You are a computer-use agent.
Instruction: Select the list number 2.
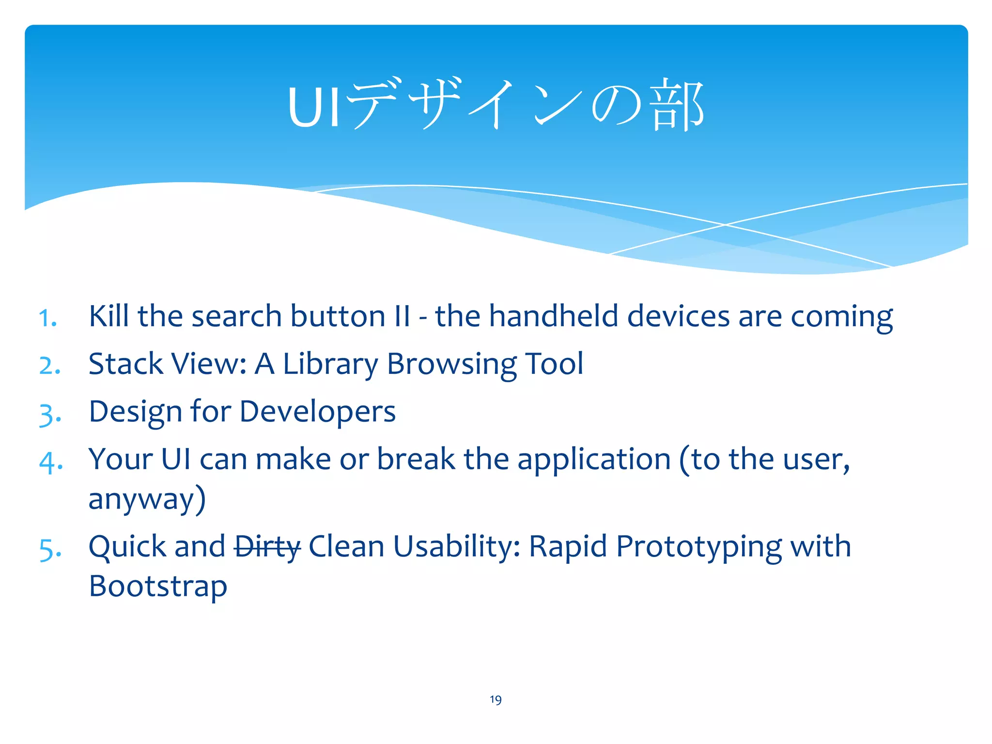[50, 366]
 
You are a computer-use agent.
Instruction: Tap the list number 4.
[50, 462]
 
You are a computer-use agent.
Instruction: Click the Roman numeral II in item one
[402, 316]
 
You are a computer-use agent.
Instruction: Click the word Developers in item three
[317, 412]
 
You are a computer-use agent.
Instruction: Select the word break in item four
[416, 459]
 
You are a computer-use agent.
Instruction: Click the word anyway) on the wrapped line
[147, 499]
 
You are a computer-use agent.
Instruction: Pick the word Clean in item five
[346, 546]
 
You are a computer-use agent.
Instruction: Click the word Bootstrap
[158, 587]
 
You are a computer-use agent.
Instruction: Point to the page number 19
[496, 699]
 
